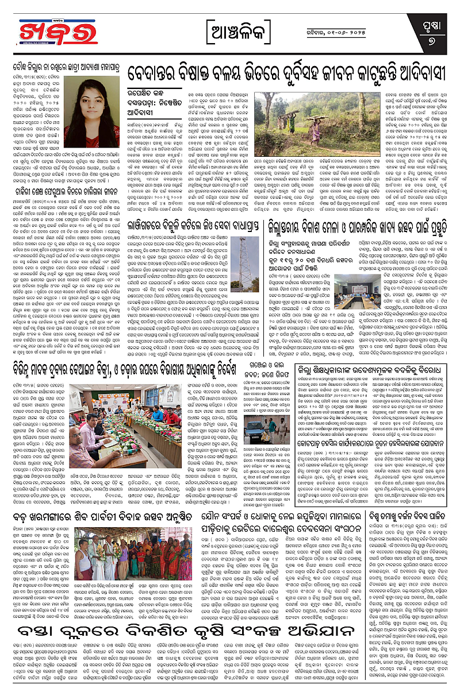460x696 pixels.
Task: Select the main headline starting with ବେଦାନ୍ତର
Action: [287, 75]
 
